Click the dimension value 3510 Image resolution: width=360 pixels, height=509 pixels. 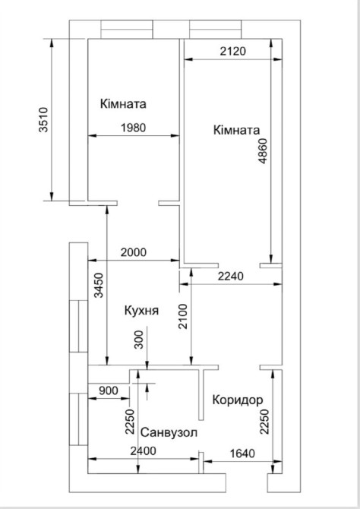click(x=43, y=119)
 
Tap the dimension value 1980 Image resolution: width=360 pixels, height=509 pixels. click(x=134, y=128)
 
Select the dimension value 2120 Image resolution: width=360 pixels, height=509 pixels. click(x=232, y=51)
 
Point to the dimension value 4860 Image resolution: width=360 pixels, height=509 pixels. click(x=263, y=151)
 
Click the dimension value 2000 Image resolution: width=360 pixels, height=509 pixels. click(x=134, y=252)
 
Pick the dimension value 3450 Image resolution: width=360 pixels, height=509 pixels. click(x=99, y=286)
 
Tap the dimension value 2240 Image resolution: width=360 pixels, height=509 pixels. click(x=230, y=277)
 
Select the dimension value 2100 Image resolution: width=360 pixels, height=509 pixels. click(x=183, y=317)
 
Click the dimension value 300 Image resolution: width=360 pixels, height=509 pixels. click(x=139, y=340)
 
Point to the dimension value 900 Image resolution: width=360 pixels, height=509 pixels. click(x=109, y=390)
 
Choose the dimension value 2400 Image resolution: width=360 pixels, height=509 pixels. click(x=143, y=451)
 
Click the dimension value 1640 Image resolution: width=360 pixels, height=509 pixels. click(x=242, y=454)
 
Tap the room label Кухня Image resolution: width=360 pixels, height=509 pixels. click(x=141, y=311)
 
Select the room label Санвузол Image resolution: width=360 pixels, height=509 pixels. click(x=169, y=433)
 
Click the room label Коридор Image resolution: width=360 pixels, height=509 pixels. click(x=238, y=400)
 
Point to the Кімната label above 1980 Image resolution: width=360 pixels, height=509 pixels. click(x=123, y=104)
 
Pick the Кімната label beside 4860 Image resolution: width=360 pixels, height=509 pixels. click(x=237, y=130)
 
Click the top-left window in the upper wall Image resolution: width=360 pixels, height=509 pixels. click(x=127, y=30)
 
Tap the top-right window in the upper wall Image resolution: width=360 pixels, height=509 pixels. click(x=216, y=30)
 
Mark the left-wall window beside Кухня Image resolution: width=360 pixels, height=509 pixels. click(x=78, y=326)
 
